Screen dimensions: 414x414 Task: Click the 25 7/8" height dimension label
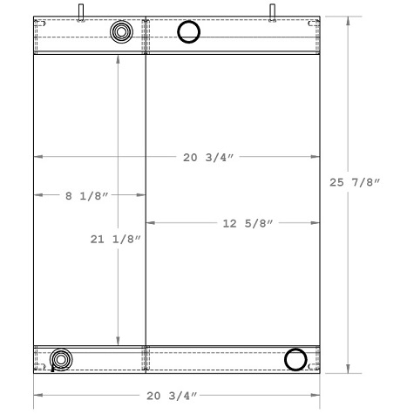point(355,182)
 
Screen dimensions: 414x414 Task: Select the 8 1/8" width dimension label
point(86,196)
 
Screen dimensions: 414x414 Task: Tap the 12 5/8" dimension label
point(248,223)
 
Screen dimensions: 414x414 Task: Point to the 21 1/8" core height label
point(115,239)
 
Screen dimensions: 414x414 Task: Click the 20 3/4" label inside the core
point(208,158)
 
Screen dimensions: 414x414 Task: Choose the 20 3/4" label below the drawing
point(172,396)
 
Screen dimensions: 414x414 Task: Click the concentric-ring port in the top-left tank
point(121,31)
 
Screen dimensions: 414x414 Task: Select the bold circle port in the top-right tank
point(189,31)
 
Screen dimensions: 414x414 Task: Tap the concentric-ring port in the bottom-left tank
point(61,359)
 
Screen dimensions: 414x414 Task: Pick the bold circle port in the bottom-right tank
point(295,359)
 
